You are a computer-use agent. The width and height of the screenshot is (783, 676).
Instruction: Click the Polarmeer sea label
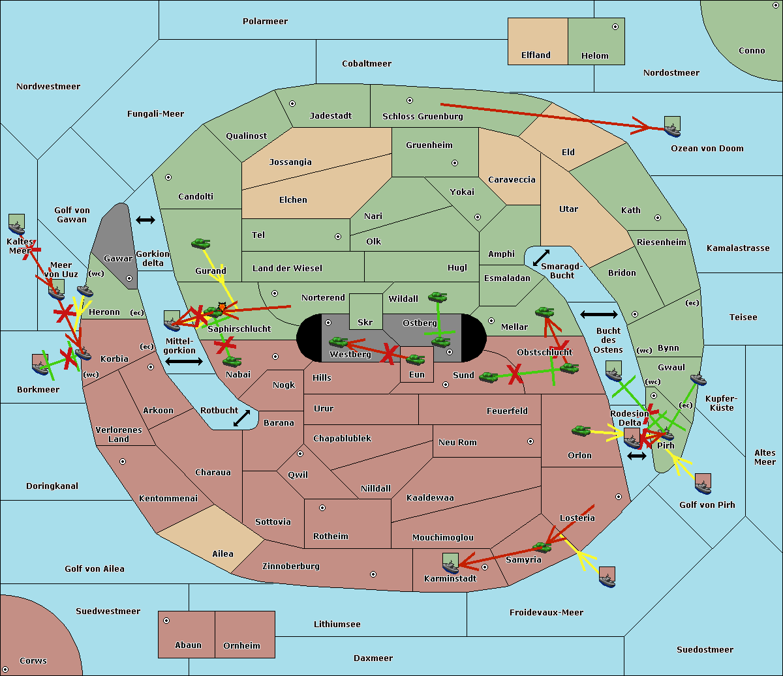click(x=265, y=22)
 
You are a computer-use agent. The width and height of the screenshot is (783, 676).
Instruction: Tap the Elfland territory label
click(x=536, y=55)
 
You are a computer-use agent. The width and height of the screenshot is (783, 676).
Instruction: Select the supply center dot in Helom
click(x=615, y=27)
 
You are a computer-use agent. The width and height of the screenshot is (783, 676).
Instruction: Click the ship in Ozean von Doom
click(x=672, y=126)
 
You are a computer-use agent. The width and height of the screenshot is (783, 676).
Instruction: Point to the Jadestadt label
click(x=330, y=116)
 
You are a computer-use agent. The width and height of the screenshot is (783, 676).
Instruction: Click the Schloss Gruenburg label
click(x=422, y=117)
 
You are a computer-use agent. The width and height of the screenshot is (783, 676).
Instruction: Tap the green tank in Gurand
click(x=200, y=244)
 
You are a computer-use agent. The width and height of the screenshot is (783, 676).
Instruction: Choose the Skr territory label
click(x=365, y=322)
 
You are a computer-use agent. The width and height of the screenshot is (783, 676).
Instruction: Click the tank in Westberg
click(x=338, y=342)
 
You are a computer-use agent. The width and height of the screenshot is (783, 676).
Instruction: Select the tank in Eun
click(x=416, y=360)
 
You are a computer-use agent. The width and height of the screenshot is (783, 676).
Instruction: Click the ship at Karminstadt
click(x=450, y=563)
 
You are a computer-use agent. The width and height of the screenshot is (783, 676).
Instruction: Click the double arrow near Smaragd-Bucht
click(x=541, y=257)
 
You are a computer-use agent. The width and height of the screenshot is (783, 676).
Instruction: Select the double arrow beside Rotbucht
click(x=241, y=418)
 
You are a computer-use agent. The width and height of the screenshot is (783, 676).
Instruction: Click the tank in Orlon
click(x=581, y=431)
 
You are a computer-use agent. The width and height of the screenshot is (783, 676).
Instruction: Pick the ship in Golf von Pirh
click(x=703, y=484)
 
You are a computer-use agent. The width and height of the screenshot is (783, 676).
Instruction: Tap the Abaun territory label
click(x=188, y=645)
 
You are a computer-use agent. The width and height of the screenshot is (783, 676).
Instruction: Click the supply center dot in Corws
click(x=5, y=670)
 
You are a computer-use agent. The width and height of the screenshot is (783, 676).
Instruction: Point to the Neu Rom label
click(x=457, y=443)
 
